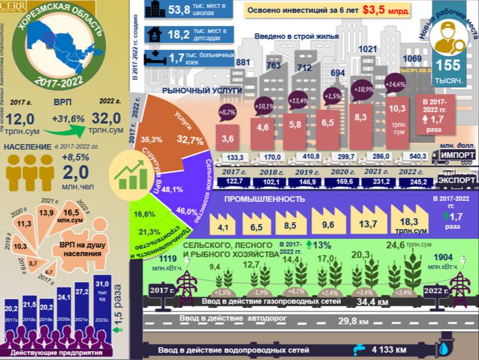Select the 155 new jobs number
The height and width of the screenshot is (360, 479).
[449, 66]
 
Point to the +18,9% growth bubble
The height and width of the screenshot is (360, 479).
[364, 90]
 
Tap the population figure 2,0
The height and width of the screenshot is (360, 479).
[75, 172]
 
